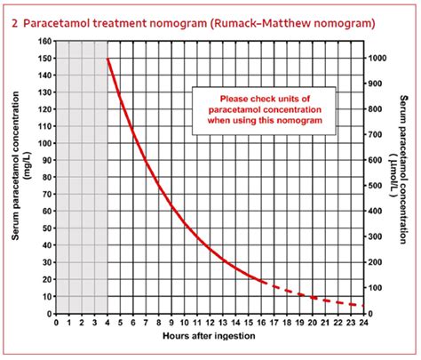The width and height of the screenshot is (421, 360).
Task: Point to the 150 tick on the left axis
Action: (x=44, y=59)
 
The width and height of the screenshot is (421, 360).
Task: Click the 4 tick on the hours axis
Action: (x=107, y=324)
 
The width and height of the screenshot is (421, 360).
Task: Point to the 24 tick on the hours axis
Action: (x=363, y=324)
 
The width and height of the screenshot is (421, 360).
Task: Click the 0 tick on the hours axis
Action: (x=57, y=324)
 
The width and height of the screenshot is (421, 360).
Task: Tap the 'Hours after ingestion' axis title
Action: (x=209, y=340)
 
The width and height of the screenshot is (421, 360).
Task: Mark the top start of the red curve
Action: (x=107, y=60)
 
